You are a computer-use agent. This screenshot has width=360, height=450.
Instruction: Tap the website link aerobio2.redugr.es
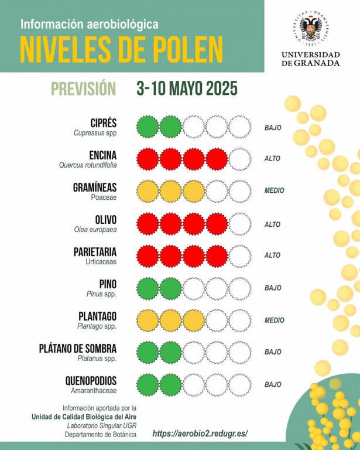pos(200,434)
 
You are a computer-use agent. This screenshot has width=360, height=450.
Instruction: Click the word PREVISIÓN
pos(83,88)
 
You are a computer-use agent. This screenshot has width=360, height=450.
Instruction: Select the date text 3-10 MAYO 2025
pos(187,88)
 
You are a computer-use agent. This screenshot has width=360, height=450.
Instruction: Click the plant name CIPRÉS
pos(103,123)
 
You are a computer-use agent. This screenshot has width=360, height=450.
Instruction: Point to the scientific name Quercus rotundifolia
pos(88,165)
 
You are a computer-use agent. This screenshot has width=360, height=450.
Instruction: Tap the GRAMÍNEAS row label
pos(95,187)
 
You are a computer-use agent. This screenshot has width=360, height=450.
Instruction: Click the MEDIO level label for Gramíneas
pos(274,191)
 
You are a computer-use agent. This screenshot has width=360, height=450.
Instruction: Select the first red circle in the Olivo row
pos(148,223)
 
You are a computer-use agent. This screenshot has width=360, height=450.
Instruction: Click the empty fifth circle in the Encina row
pos(239,159)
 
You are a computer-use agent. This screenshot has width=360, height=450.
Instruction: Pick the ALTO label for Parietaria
pos(273,255)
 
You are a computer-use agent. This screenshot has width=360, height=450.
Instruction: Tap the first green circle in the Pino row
pos(148,288)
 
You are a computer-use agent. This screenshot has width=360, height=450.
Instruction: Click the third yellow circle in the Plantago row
pos(194,321)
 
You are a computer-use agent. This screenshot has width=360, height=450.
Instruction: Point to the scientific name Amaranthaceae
pos(95,390)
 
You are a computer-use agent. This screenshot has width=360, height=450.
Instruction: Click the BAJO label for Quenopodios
pos(273,384)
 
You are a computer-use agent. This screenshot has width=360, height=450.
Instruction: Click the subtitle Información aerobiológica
pos(90,25)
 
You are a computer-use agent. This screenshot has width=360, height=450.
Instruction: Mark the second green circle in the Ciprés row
pos(171,127)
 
